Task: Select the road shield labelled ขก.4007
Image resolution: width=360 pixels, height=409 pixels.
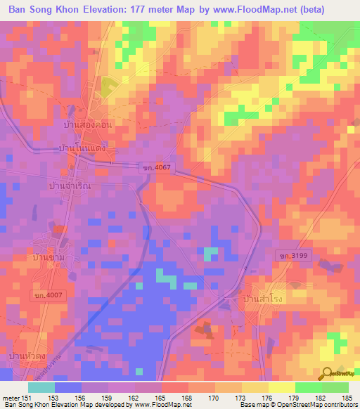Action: pyautogui.click(x=49, y=296)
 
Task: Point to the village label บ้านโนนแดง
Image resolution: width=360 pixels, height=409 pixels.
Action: pyautogui.click(x=82, y=150)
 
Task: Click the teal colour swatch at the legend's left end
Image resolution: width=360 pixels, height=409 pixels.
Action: pyautogui.click(x=41, y=387)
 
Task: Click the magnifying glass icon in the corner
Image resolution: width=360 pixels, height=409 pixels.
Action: pyautogui.click(x=328, y=375)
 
